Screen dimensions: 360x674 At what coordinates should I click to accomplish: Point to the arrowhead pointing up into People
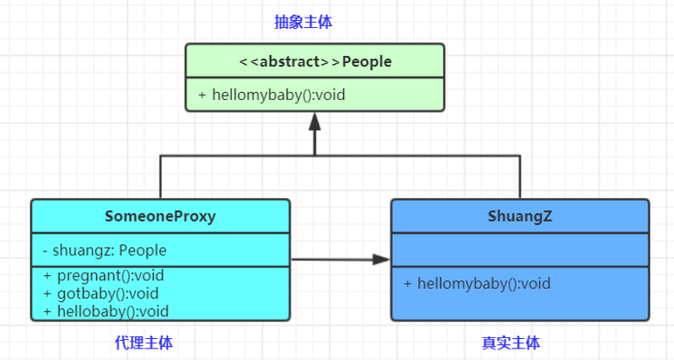click(x=314, y=120)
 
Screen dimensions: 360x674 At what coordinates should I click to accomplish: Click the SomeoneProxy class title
click(x=160, y=215)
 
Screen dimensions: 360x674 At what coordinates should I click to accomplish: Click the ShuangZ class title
click(x=519, y=215)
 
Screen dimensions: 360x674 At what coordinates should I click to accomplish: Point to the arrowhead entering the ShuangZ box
click(x=381, y=259)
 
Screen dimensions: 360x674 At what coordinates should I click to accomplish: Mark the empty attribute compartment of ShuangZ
click(x=519, y=250)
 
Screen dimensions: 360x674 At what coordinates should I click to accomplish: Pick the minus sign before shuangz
click(x=45, y=251)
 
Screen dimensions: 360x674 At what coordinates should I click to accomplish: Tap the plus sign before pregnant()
click(x=46, y=276)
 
